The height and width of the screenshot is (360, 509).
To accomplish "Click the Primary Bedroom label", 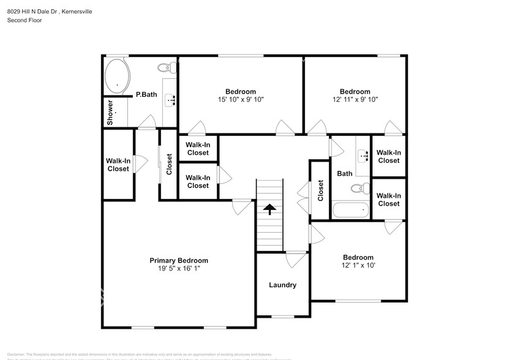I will [x=179, y=260].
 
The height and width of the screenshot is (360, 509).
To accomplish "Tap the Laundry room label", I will [x=282, y=285].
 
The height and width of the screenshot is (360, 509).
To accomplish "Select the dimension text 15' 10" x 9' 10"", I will [x=240, y=99].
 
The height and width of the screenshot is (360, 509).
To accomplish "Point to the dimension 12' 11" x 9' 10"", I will [x=355, y=99].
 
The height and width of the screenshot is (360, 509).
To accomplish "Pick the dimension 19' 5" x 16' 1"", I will [x=179, y=268].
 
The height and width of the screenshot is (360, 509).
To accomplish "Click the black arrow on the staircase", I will [x=270, y=209].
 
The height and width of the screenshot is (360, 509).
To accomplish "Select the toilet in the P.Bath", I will [x=164, y=67].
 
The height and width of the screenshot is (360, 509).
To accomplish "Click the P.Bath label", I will [x=146, y=94].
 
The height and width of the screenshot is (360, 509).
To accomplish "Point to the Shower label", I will [x=110, y=113].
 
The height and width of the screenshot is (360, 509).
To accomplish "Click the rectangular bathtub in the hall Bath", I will [x=350, y=210].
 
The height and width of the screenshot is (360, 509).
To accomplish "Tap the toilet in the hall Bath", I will [x=356, y=187].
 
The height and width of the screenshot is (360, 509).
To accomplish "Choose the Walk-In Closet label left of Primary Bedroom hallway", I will [x=118, y=165].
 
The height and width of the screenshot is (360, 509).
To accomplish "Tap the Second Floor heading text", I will [x=24, y=20].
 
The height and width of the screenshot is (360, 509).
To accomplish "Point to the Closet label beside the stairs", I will [x=320, y=190].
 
